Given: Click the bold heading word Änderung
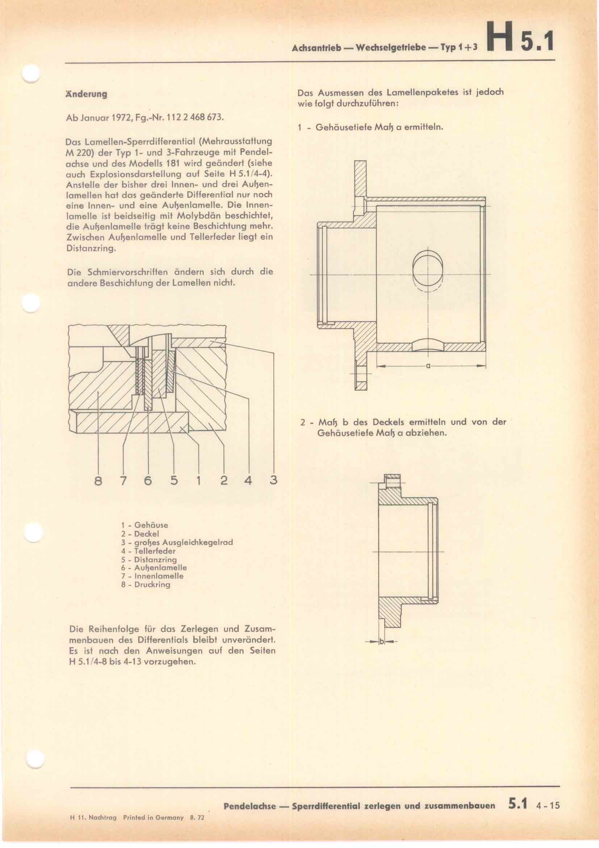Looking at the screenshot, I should coord(85,94).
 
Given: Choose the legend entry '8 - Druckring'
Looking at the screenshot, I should coord(146,585).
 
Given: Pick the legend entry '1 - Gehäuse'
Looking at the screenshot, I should coord(144,525).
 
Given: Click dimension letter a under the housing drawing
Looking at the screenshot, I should coord(428,366).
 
